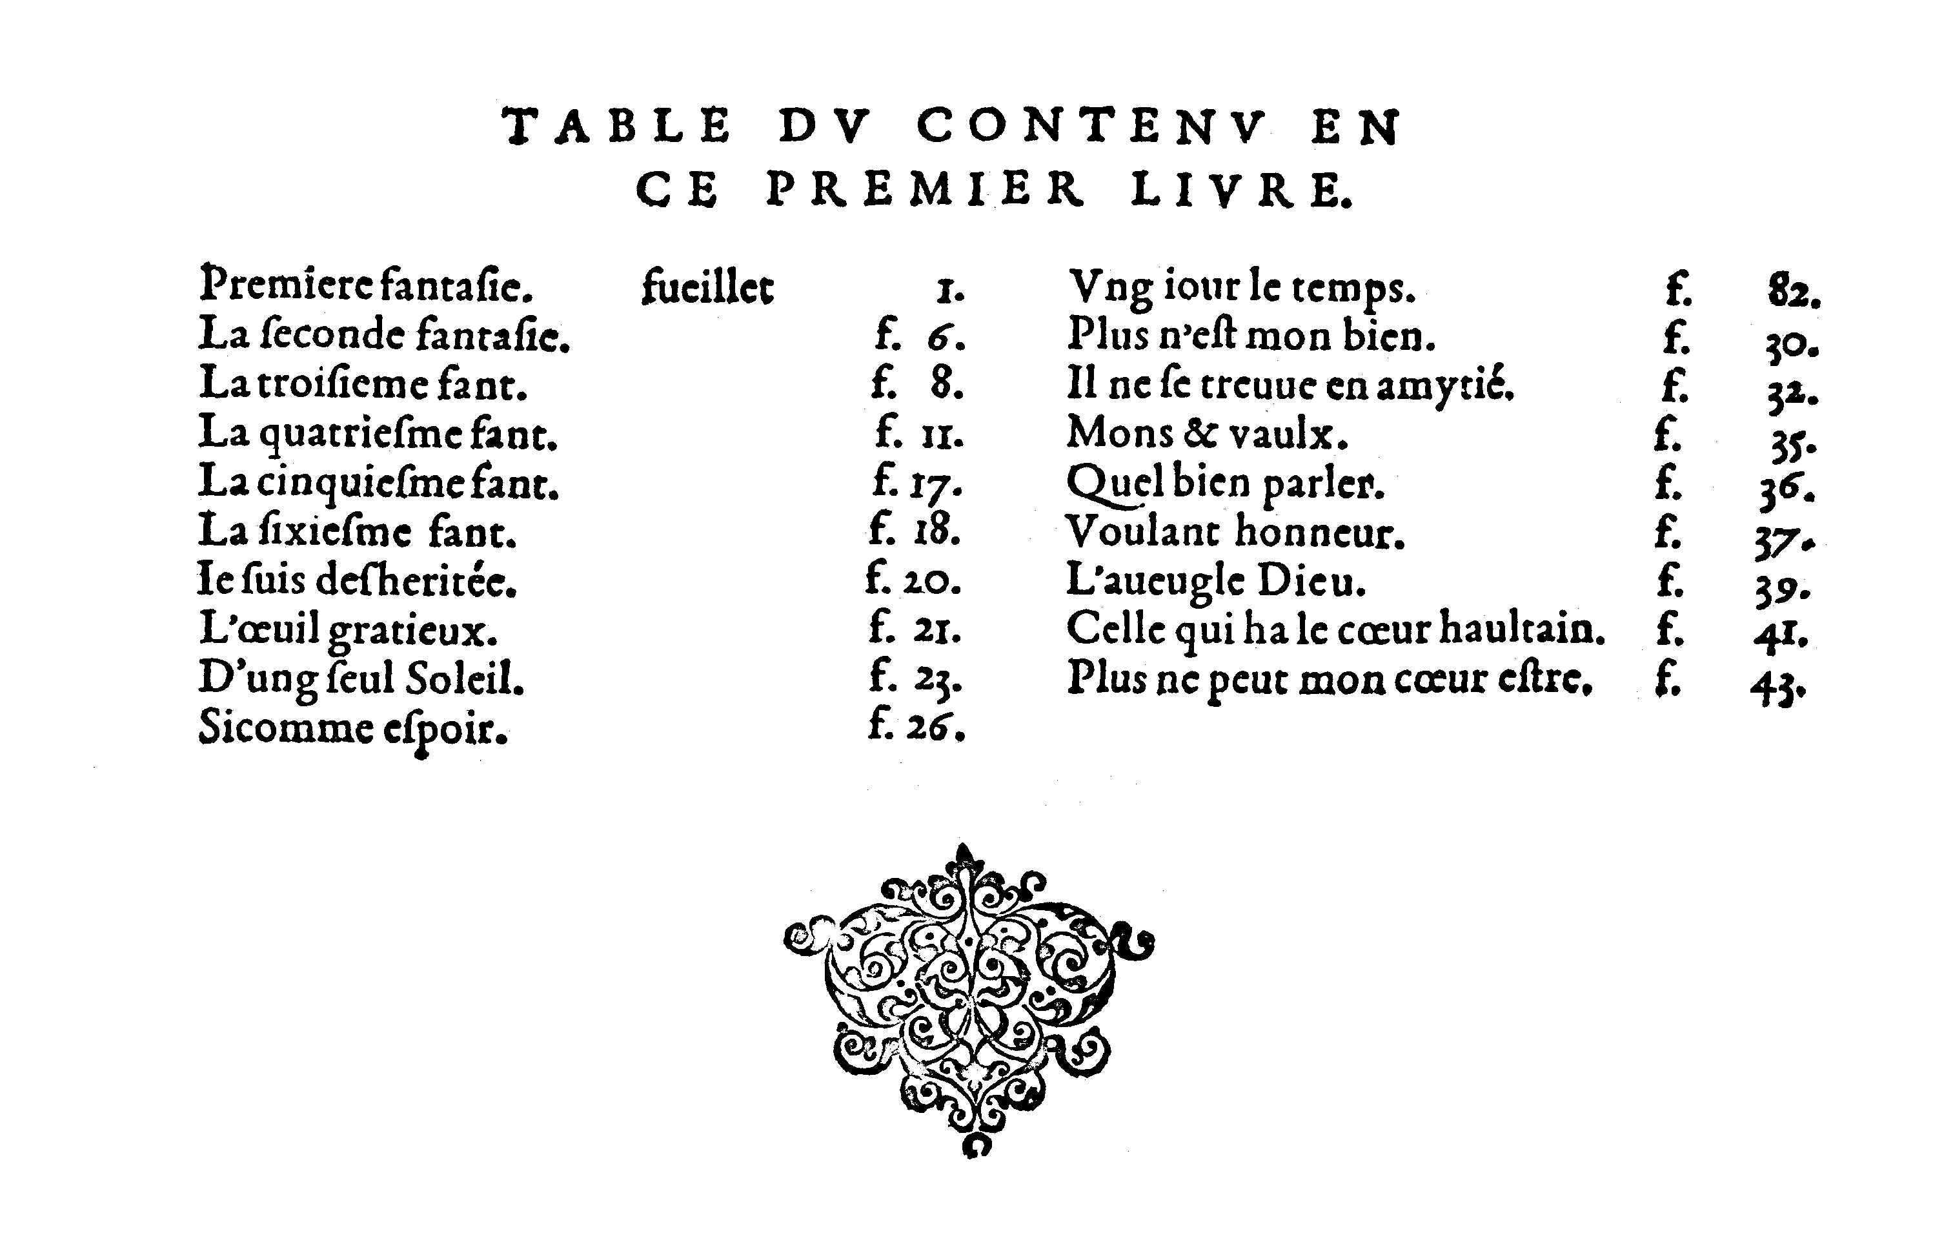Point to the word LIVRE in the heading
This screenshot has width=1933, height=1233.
click(1241, 191)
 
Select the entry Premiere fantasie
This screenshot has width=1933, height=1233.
click(366, 284)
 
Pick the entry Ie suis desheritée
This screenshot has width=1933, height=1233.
click(357, 580)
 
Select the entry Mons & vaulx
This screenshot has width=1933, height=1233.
click(1206, 435)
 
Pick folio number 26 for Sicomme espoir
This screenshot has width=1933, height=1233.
click(935, 728)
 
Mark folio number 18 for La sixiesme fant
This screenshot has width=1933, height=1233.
click(936, 531)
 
